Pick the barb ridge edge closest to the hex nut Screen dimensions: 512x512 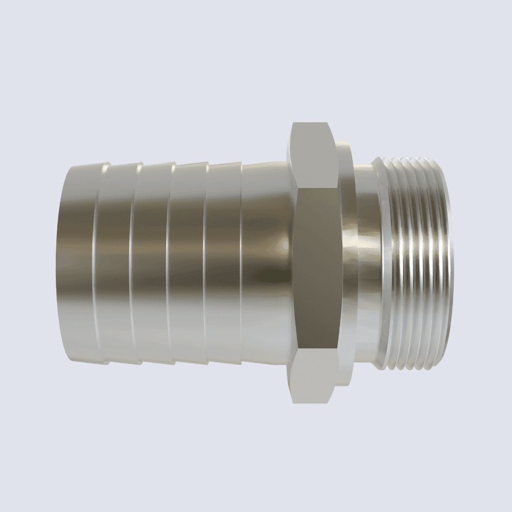point(240,261)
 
